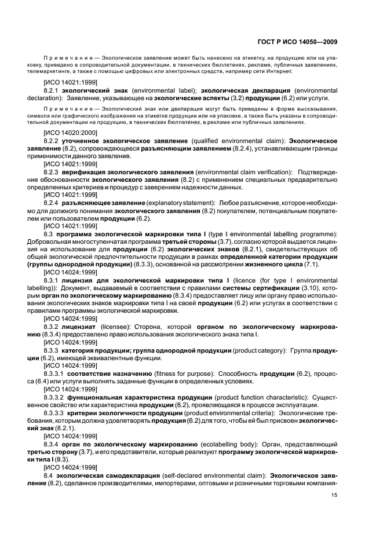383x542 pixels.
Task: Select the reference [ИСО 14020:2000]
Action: click(x=65, y=133)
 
